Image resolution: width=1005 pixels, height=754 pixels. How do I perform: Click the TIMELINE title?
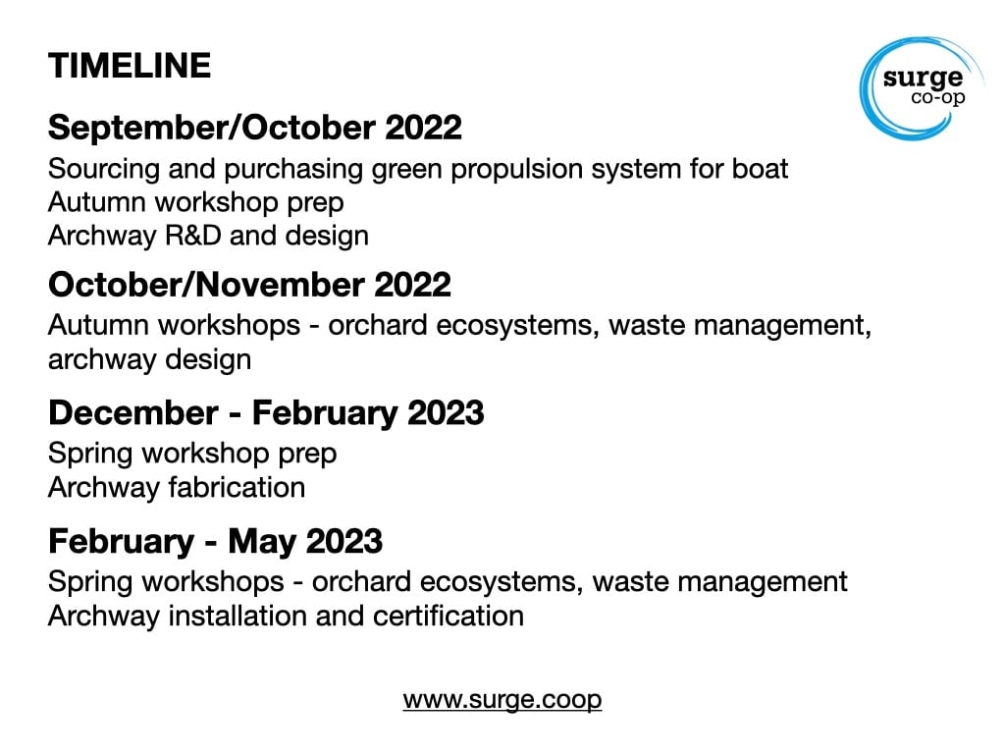point(130,66)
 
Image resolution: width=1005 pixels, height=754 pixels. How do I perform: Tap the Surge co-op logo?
point(922,87)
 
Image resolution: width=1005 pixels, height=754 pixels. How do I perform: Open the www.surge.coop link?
point(502,699)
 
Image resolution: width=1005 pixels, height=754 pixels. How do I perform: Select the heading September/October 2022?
point(254,127)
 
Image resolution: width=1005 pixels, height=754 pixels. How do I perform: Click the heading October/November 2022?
point(249,284)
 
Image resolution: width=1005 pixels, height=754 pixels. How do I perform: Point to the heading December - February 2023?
point(266,412)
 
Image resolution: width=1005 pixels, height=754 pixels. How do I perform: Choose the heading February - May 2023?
point(215,541)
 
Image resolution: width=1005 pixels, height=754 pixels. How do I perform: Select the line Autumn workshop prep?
point(196,202)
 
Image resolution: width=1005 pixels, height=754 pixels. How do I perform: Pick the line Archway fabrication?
point(177,487)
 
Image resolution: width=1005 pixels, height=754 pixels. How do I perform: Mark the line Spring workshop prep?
point(192,454)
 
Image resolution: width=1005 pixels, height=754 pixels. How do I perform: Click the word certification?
point(448,616)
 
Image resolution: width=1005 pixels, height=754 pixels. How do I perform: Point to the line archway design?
point(150,359)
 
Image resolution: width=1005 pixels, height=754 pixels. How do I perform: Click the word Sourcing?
point(104,169)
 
